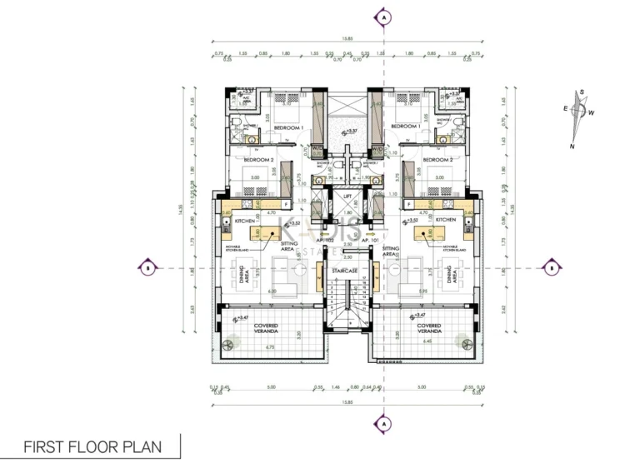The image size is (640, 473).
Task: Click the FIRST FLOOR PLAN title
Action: (92, 446)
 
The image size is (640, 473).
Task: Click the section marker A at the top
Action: (383, 17)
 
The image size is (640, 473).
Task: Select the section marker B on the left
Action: (147, 267)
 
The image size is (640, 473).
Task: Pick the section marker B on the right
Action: (552, 267)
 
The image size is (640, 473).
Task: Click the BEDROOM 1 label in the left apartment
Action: (290, 126)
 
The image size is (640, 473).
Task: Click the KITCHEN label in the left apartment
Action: (244, 220)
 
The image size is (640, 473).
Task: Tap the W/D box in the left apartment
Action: (317, 149)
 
